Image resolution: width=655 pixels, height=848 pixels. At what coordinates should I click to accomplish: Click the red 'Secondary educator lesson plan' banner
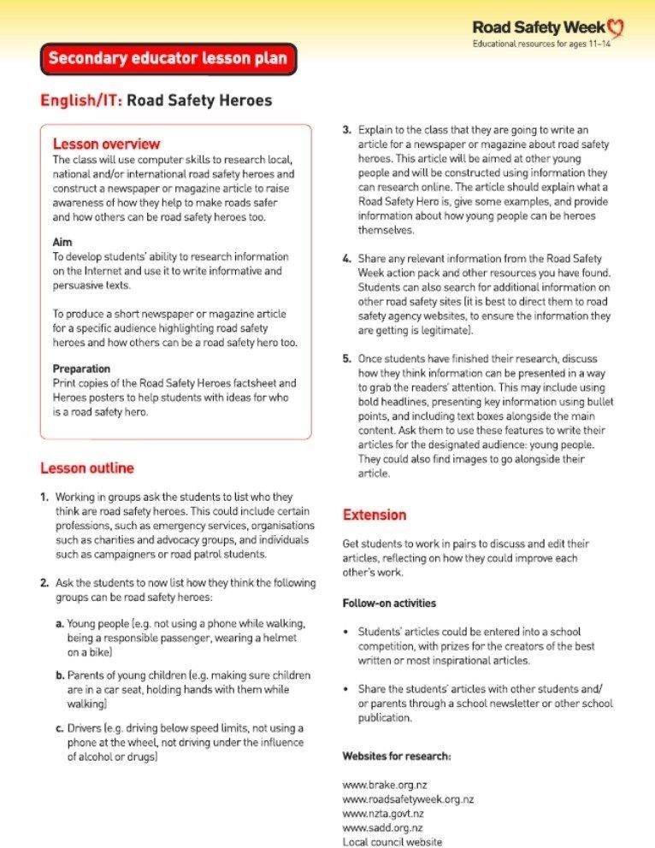tap(168, 59)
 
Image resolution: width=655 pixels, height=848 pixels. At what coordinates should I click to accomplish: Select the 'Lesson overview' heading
tap(106, 144)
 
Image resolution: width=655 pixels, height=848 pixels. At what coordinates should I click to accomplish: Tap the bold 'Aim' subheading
tap(62, 243)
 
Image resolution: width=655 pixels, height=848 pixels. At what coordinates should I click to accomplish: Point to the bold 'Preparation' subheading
tap(81, 368)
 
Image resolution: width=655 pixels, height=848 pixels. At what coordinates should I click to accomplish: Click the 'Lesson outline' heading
tap(86, 468)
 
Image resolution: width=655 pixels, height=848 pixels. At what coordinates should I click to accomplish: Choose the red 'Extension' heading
tap(375, 515)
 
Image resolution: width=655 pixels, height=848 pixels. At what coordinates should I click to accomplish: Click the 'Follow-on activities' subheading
tap(389, 603)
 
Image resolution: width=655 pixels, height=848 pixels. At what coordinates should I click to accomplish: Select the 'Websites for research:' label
tap(397, 757)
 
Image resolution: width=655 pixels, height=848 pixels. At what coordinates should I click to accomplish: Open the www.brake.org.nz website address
tap(381, 784)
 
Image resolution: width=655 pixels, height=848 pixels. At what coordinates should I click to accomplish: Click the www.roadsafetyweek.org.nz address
tap(408, 798)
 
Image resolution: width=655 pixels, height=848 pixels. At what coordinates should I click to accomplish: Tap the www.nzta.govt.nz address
tap(383, 813)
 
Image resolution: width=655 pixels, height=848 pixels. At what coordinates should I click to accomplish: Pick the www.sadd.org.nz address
tap(382, 827)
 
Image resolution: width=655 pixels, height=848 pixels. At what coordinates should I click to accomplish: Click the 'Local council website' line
tap(392, 842)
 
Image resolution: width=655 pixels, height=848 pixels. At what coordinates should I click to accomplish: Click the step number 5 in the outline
tap(346, 358)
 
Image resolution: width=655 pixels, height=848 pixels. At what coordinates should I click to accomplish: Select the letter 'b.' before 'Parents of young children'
tap(60, 674)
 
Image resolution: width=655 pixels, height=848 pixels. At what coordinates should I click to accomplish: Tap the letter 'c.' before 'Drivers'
tap(60, 727)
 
